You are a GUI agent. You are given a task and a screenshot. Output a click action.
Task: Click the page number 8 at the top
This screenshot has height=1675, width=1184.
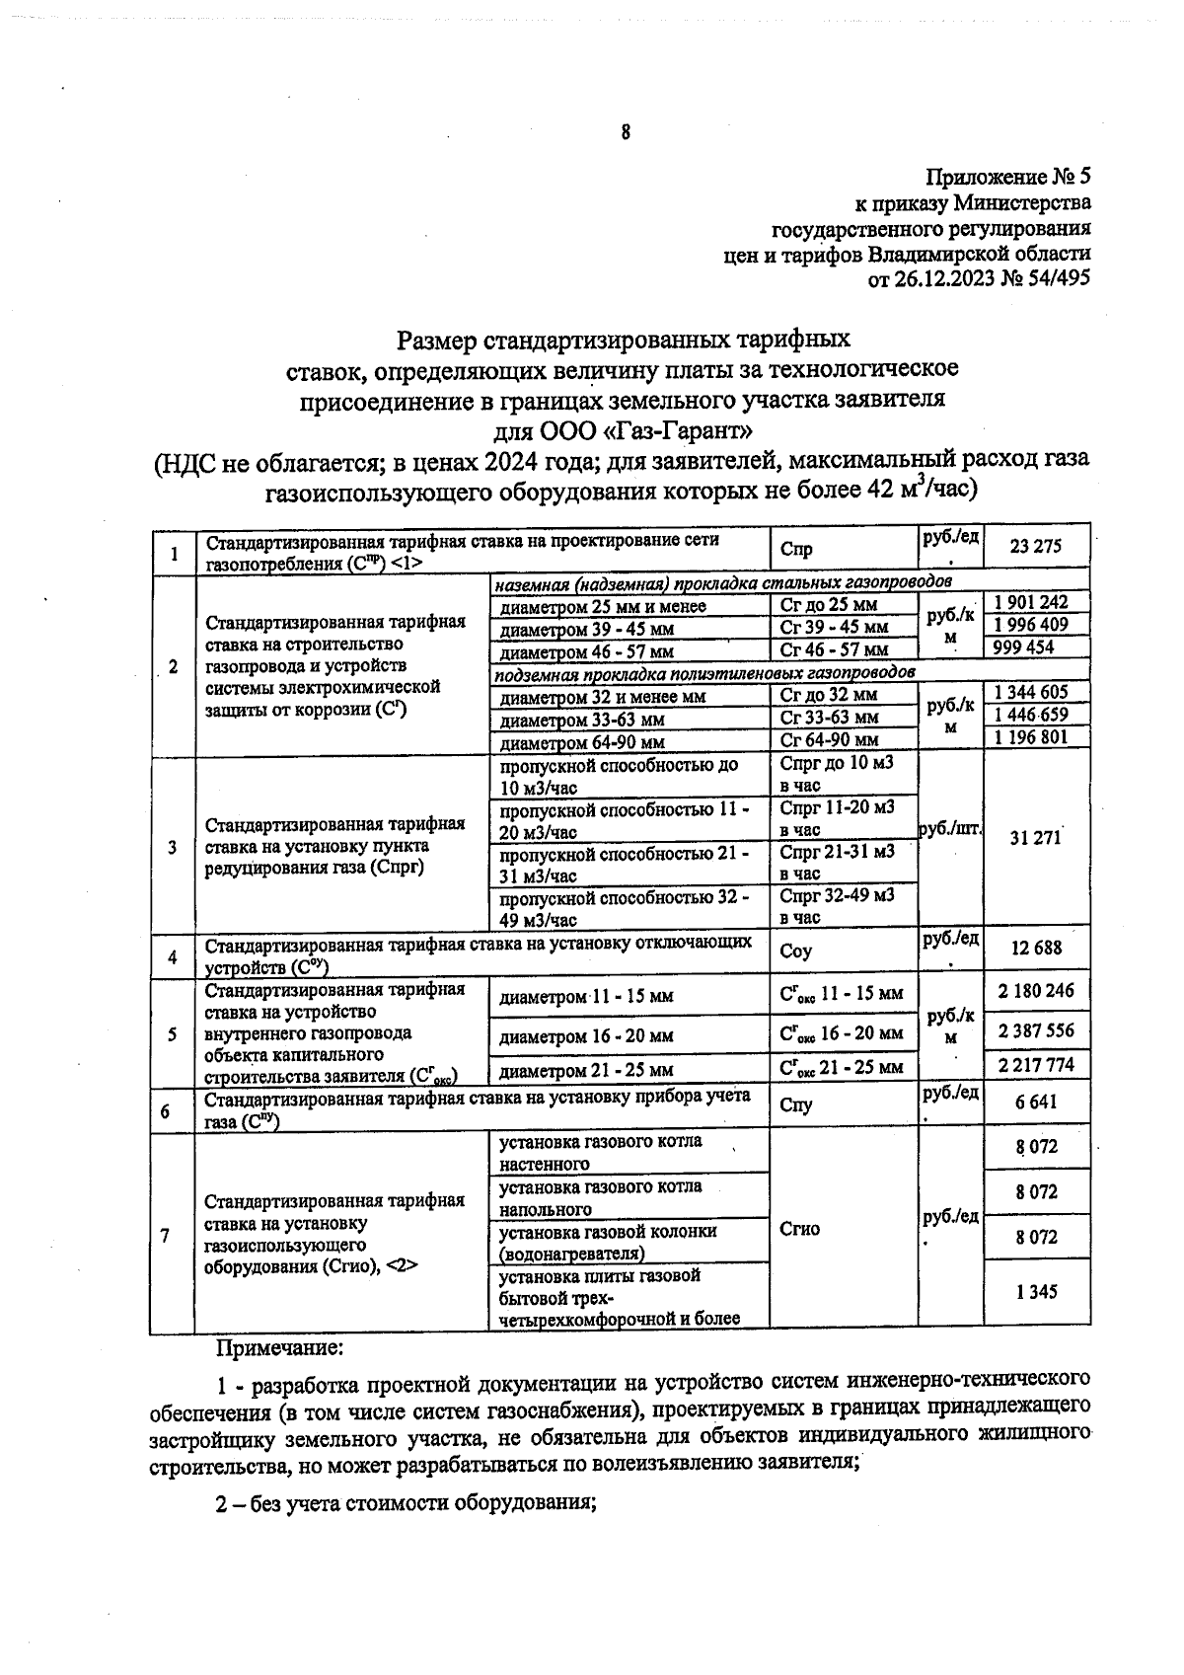625,132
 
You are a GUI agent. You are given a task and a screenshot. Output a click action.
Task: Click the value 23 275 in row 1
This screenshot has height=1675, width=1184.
1036,545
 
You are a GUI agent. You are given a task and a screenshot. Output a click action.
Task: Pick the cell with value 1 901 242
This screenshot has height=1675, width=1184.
1031,602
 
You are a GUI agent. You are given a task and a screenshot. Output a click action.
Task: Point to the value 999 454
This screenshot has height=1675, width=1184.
1025,647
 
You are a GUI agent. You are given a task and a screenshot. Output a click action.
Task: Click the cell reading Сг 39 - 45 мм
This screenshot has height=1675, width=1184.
834,628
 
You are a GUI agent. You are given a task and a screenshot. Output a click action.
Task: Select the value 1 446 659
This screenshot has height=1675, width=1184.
1031,715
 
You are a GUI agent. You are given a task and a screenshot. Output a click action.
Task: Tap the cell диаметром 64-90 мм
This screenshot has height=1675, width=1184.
582,741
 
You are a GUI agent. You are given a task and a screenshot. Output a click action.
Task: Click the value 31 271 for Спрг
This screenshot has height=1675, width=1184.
1035,838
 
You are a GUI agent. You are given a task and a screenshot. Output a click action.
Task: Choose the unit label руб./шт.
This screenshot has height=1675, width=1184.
949,830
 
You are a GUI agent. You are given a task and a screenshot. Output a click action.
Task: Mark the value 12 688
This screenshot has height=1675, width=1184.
1036,949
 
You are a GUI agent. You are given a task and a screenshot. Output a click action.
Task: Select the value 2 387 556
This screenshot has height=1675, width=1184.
1035,1031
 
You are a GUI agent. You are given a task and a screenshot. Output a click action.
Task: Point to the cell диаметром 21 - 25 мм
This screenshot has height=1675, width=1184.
587,1070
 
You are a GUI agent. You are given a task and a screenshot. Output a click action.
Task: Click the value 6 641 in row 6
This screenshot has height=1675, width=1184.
1036,1103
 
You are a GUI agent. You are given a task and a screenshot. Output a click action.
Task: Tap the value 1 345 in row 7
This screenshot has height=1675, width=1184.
1036,1291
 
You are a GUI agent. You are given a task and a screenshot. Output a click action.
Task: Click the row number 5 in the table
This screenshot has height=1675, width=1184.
173,1033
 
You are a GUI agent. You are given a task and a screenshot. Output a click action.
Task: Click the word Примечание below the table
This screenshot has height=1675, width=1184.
280,1346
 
